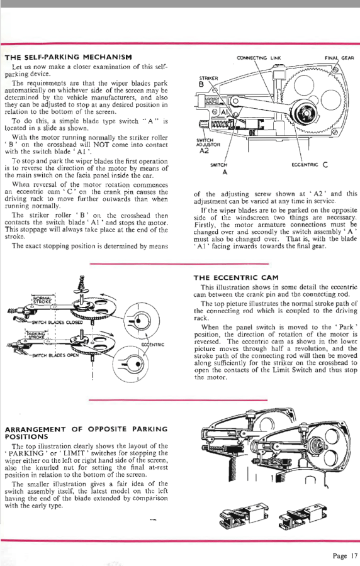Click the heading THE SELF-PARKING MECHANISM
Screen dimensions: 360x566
click(x=68, y=57)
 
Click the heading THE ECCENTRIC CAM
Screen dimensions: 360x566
click(x=236, y=277)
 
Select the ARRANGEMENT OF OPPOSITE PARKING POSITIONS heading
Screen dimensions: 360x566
click(x=86, y=433)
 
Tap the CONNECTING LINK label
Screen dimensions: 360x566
click(x=259, y=58)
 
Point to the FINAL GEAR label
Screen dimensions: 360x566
click(x=339, y=58)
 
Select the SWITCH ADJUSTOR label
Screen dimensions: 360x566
click(x=208, y=143)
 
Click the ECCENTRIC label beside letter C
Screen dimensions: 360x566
click(x=305, y=165)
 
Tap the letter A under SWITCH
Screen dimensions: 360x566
click(x=225, y=172)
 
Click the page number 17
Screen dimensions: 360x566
click(x=354, y=555)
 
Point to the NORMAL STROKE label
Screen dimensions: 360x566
click(x=43, y=298)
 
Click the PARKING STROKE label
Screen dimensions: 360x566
click(x=36, y=335)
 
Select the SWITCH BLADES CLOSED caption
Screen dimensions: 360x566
click(x=57, y=323)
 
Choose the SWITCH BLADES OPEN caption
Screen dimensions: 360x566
click(x=55, y=355)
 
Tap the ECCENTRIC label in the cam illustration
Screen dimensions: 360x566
click(x=152, y=345)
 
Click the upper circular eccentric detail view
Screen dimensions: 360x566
click(x=142, y=320)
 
